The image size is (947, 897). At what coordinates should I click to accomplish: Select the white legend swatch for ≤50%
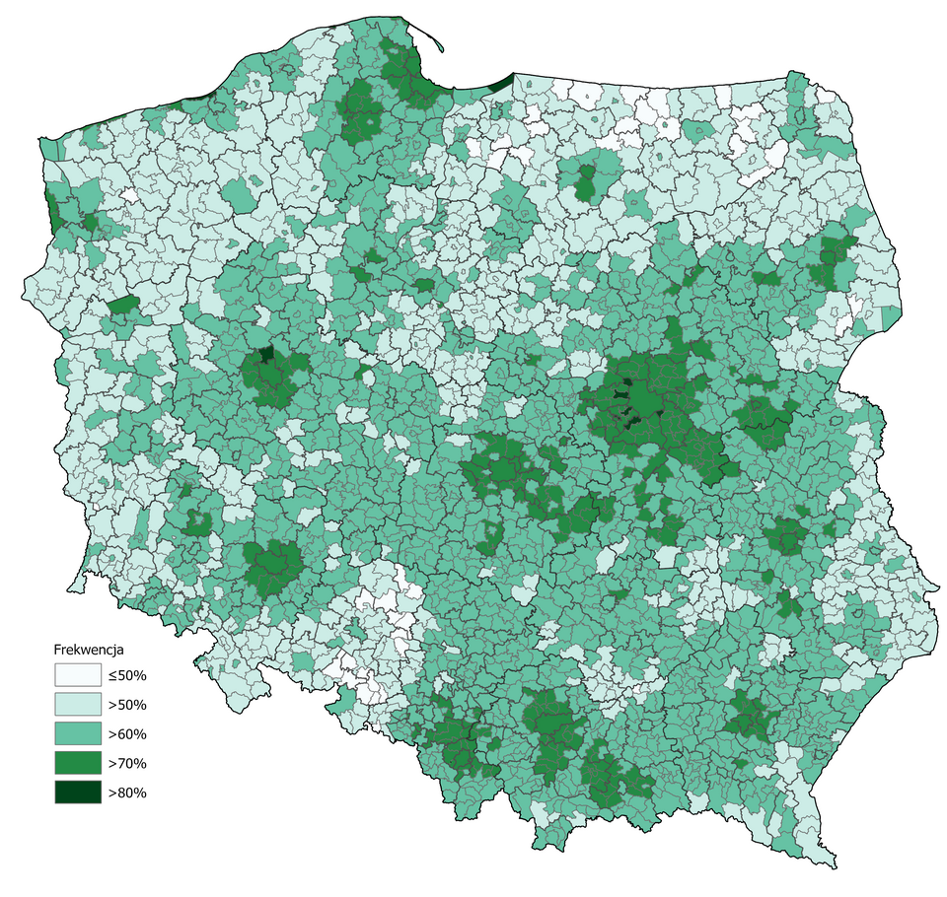point(77,675)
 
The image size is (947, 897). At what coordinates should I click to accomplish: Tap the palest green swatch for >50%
point(77,705)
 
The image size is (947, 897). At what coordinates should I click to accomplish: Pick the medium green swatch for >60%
point(77,734)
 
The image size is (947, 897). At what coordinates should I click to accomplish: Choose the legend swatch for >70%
point(77,763)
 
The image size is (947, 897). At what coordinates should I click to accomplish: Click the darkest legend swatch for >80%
point(77,793)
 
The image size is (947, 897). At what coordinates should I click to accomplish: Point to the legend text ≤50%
point(127,675)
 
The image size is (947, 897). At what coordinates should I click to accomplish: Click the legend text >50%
point(127,705)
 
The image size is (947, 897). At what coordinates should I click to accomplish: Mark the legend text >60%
point(127,734)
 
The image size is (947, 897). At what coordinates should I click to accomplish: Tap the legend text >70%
point(127,763)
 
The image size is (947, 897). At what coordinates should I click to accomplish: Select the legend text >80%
point(127,793)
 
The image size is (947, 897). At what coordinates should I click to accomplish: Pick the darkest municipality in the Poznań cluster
point(265,354)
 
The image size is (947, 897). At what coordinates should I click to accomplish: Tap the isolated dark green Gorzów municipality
point(124,305)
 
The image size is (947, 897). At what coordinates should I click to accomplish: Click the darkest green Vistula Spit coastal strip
point(501,83)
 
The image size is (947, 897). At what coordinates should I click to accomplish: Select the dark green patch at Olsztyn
point(586,183)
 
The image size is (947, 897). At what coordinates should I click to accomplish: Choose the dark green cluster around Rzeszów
point(750,715)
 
